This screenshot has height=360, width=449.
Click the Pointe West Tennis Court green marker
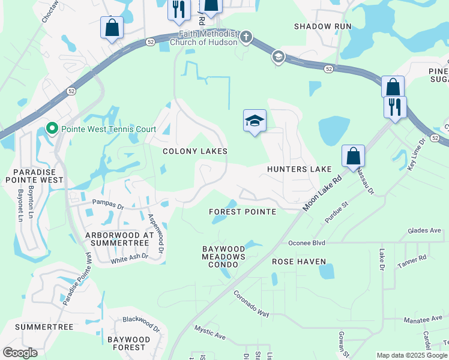(52, 129)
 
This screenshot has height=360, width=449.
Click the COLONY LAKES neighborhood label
(195, 151)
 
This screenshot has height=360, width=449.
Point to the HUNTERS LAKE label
(300, 170)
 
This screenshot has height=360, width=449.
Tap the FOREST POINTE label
(242, 212)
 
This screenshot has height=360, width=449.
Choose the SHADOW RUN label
(322, 26)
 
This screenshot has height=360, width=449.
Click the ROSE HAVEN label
(299, 262)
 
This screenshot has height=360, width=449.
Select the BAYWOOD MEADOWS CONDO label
(224, 253)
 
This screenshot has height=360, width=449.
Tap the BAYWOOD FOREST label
(127, 343)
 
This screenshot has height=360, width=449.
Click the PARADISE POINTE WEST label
(34, 175)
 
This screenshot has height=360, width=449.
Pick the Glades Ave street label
(424, 230)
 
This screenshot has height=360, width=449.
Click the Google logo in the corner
(20, 352)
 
